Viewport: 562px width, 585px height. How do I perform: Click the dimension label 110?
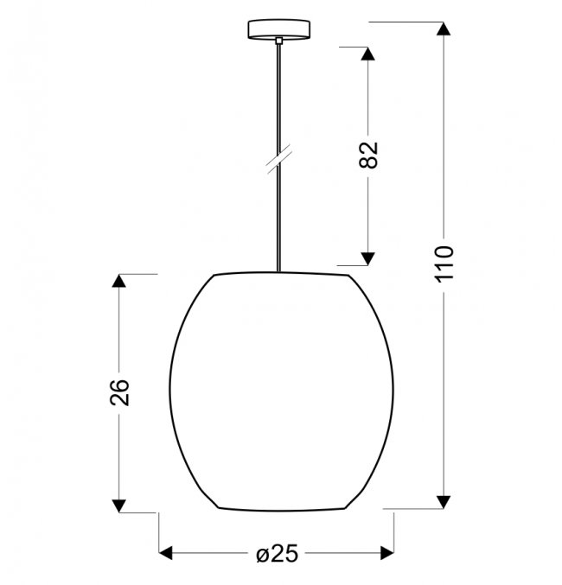[444, 264]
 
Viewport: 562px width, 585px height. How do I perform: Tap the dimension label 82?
[368, 156]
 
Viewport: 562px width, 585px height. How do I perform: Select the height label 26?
[119, 392]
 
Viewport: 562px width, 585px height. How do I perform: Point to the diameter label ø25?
[278, 553]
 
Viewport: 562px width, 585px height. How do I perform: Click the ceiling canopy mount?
[279, 29]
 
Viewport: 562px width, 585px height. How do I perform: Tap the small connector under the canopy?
[279, 41]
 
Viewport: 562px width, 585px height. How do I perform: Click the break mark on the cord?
[279, 160]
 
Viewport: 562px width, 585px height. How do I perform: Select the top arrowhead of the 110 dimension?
[444, 29]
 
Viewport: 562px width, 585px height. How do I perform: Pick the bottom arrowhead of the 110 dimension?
[444, 502]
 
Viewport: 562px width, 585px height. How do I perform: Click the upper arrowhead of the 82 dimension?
[367, 54]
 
